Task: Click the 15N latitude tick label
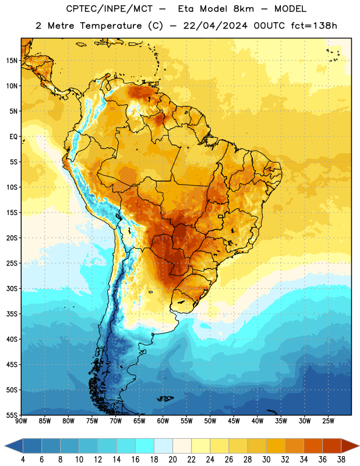tap(12, 61)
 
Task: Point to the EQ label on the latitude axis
tap(13, 137)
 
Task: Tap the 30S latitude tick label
tap(12, 288)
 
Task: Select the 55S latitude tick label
tap(12, 415)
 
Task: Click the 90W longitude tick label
tap(21, 421)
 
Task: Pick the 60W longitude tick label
tap(163, 421)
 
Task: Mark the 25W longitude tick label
tap(328, 421)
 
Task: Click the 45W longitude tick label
tap(234, 421)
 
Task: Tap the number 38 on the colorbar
tap(341, 460)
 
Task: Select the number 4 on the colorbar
tap(23, 460)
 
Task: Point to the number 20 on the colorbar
tap(172, 460)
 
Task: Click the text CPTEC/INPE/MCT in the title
tap(110, 9)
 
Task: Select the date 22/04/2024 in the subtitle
tap(215, 26)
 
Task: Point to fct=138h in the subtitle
tap(314, 26)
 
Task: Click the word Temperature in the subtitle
tap(111, 26)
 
